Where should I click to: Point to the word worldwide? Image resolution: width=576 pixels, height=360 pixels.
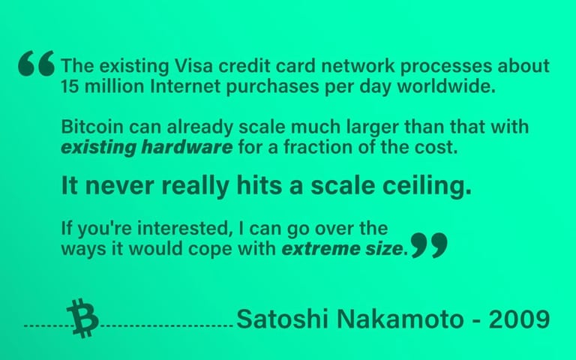point(446,87)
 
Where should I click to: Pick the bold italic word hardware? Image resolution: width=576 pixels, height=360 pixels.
point(187,147)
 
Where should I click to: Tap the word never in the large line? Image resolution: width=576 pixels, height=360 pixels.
point(119,186)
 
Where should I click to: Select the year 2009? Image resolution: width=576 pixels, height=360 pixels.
point(519,319)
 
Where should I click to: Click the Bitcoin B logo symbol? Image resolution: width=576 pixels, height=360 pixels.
point(82,318)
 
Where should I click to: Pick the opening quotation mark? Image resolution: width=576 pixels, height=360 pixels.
point(36,64)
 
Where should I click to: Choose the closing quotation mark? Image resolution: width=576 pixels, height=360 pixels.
point(429,245)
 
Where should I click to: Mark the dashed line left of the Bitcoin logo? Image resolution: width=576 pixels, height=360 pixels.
point(48,325)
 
